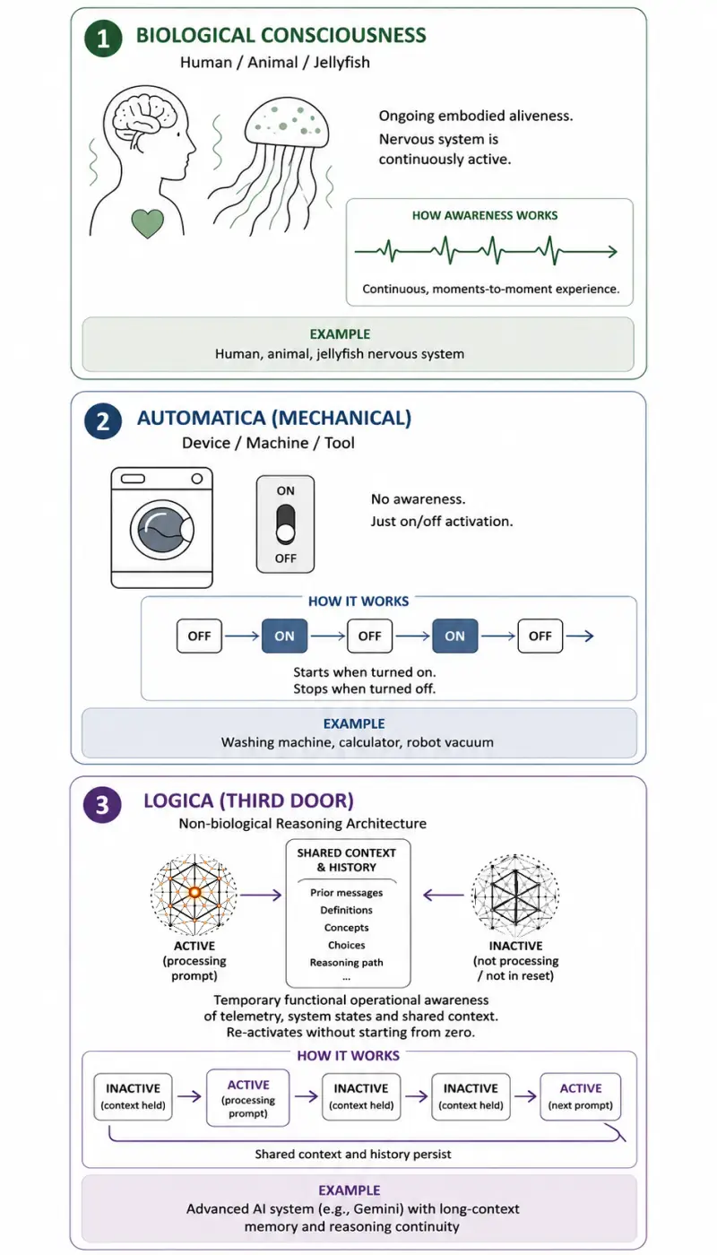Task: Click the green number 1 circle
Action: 103,38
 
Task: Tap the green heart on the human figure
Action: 147,223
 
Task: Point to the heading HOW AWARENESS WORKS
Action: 485,215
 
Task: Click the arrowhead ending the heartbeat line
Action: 613,252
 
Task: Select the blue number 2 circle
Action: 103,420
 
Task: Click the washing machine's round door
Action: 162,530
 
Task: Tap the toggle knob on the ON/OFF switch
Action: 285,534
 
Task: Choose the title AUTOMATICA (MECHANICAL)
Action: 274,418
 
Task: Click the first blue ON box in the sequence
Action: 285,636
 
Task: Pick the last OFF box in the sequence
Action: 540,636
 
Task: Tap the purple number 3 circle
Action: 102,805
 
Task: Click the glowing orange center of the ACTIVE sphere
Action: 194,892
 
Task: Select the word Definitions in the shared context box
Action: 346,910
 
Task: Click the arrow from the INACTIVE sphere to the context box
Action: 443,895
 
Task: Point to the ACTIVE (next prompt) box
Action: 581,1096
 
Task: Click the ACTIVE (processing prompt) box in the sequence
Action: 248,1098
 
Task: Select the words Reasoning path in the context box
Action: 346,963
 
